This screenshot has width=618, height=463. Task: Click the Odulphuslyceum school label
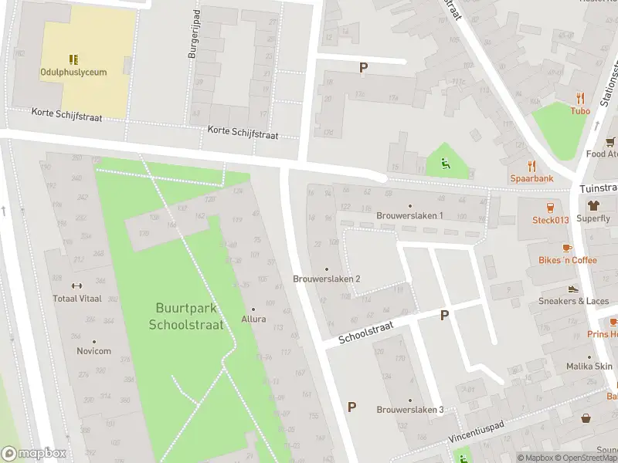coord(73,72)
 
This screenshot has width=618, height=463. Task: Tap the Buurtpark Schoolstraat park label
coord(186,316)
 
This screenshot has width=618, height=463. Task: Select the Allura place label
coord(253,319)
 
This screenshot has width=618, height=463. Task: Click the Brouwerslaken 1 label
coord(409,215)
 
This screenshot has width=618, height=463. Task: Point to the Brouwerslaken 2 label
coord(327,279)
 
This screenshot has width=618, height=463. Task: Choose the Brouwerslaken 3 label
coord(409,409)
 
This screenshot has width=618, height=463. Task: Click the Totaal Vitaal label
coord(77,298)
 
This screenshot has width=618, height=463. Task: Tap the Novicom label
coord(94,351)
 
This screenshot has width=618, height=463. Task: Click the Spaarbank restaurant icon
coord(531,165)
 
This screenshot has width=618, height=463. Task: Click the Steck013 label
coord(550,220)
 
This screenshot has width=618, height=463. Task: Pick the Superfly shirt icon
coord(593,205)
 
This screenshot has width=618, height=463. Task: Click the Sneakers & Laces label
coord(573,301)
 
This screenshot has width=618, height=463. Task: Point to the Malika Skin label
coord(589,367)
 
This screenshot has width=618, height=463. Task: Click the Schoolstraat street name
coord(366,333)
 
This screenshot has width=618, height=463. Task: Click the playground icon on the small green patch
coord(446,162)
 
